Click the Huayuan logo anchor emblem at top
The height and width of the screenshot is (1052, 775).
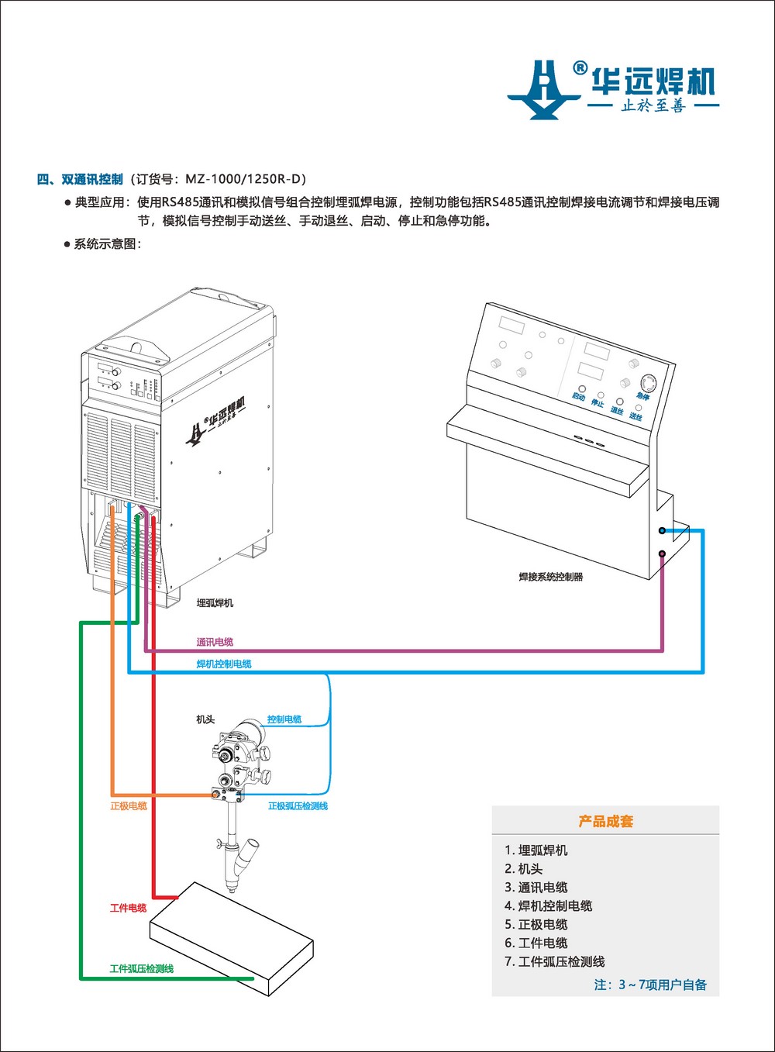(544, 88)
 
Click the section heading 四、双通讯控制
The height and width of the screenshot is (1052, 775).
(80, 179)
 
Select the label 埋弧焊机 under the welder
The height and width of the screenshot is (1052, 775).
(215, 602)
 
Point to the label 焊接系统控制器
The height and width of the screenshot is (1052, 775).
(551, 577)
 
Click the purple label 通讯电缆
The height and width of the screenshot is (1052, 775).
(215, 642)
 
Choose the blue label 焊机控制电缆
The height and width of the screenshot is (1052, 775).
(224, 664)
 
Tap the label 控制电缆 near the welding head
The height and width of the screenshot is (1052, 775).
(284, 719)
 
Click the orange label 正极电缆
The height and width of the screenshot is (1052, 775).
(129, 806)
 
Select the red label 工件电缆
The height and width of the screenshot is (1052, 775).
(129, 908)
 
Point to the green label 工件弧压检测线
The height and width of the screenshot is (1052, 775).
(142, 968)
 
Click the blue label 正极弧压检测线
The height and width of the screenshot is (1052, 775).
(298, 806)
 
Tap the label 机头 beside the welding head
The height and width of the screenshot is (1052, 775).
(205, 719)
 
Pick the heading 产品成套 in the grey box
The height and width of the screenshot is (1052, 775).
(605, 821)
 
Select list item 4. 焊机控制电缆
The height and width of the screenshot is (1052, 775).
(549, 905)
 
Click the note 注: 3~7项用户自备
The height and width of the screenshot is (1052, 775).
(650, 985)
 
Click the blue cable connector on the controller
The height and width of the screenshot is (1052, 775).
(662, 531)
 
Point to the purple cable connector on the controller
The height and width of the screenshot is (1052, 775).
(662, 554)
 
